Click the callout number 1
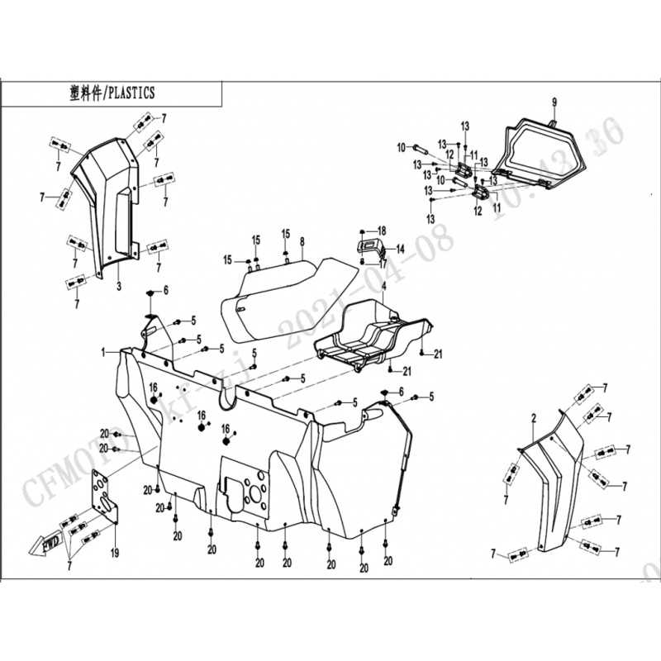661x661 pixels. pyautogui.click(x=105, y=352)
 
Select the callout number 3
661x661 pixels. pyautogui.click(x=118, y=286)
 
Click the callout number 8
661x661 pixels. pyautogui.click(x=302, y=241)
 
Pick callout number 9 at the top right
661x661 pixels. pyautogui.click(x=554, y=102)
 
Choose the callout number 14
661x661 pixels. pyautogui.click(x=400, y=249)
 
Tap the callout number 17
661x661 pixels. pyautogui.click(x=383, y=264)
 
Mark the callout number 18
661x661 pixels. pyautogui.click(x=382, y=230)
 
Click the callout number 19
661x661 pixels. pyautogui.click(x=115, y=552)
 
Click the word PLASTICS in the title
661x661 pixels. pyautogui.click(x=131, y=93)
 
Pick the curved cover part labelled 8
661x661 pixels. pyautogui.click(x=281, y=297)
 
